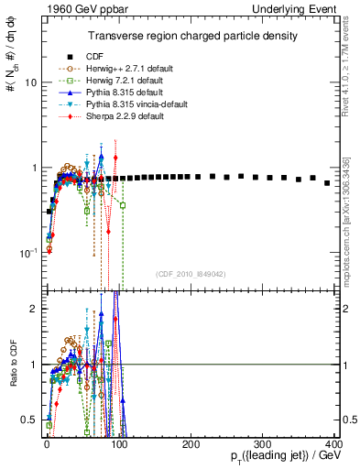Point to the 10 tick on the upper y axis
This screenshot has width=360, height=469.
pos(29,82)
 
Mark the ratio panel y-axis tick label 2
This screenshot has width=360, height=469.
pos(33,309)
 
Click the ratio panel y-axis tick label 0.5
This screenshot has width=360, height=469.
pos(29,420)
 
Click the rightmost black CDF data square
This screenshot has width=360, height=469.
pos(327,183)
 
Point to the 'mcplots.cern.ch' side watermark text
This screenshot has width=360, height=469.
pos(351,211)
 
